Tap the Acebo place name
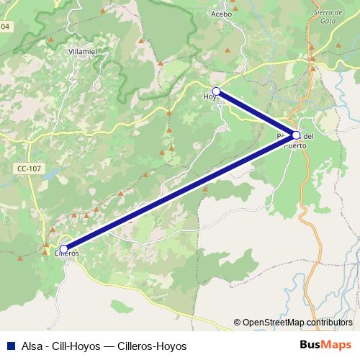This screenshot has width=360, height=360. coord(222,14)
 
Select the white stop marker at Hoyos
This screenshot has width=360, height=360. coord(216,91)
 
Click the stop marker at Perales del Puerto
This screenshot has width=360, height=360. coord(296,135)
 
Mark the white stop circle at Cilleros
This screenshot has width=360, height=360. coord(63,249)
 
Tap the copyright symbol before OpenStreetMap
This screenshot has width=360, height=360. coord(237,323)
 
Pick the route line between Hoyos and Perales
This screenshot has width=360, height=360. coord(256,113)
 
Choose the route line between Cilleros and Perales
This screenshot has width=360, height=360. coord(180,192)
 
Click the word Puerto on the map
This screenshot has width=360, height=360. coord(296,145)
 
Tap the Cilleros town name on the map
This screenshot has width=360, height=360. coord(66,253)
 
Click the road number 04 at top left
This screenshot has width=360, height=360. coord(6,27)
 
